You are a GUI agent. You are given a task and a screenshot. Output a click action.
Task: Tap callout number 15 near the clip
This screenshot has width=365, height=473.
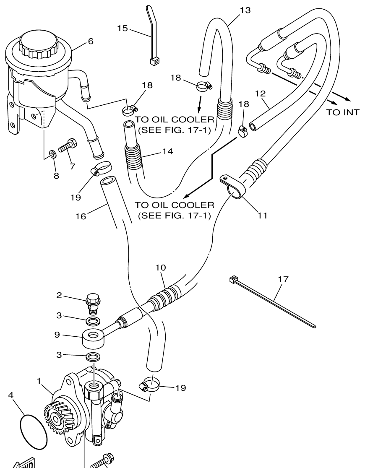tap(123, 29)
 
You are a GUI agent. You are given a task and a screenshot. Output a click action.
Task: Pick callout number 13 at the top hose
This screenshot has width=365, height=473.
tap(245, 9)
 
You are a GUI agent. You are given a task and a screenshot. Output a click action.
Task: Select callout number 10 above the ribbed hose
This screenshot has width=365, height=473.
tap(161, 267)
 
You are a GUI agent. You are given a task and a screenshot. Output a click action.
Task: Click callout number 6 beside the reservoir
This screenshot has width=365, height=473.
tap(90, 41)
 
